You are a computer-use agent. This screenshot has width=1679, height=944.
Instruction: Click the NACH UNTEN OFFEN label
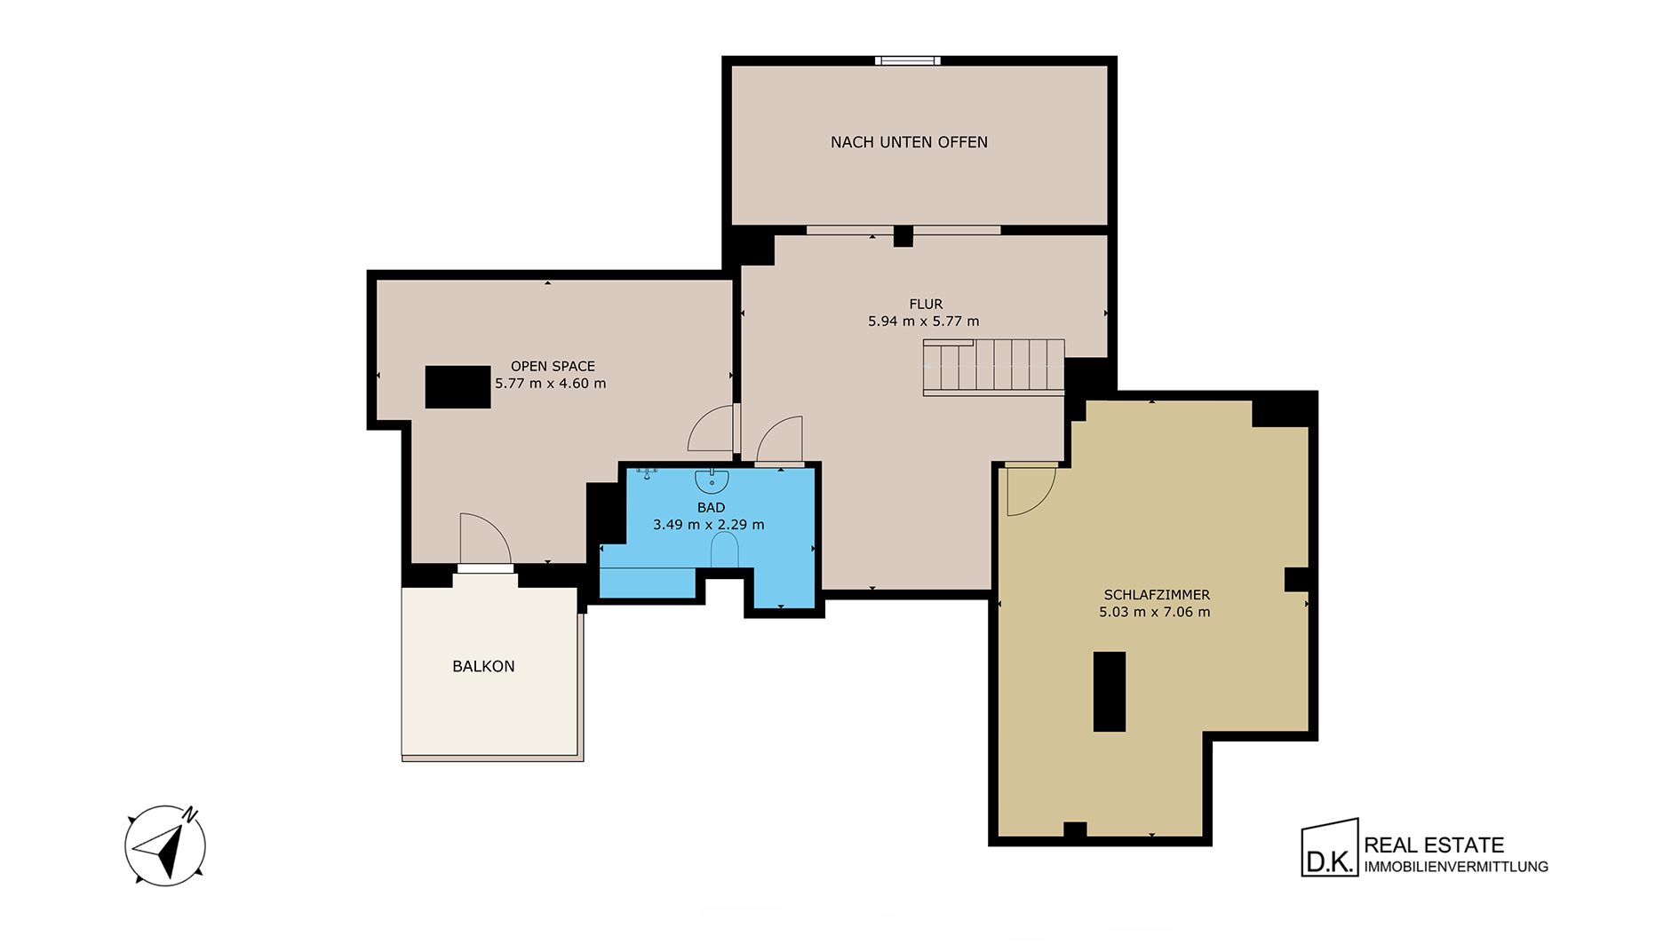(x=909, y=142)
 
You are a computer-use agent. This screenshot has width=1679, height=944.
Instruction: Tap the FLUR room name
(x=926, y=304)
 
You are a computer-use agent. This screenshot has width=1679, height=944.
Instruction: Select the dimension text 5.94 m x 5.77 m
(x=924, y=321)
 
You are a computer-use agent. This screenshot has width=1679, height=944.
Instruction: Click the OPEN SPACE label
(x=553, y=366)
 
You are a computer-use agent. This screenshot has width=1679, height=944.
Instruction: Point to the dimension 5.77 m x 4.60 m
(x=551, y=384)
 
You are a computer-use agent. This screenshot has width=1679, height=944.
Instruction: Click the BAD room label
(x=711, y=507)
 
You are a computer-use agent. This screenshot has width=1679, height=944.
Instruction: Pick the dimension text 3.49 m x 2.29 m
(x=709, y=525)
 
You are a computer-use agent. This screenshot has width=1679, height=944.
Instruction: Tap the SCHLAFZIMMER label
(x=1157, y=595)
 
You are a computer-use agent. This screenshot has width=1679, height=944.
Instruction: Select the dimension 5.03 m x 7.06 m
(x=1155, y=612)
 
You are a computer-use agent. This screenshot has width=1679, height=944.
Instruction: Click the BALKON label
(x=483, y=666)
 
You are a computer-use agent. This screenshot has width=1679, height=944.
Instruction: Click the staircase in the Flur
(x=994, y=367)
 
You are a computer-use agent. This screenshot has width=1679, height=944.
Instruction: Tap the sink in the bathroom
(x=712, y=480)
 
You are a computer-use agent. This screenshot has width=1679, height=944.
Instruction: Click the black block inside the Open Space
(x=458, y=387)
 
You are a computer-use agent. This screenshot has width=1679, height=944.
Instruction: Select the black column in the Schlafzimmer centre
(x=1110, y=692)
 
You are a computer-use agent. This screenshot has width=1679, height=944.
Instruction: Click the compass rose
(x=165, y=845)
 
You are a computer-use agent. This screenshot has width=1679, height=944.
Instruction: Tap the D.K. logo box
(x=1330, y=848)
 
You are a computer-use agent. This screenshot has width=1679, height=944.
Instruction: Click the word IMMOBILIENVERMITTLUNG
(x=1456, y=867)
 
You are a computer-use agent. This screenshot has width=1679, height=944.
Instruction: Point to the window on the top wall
(x=908, y=61)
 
